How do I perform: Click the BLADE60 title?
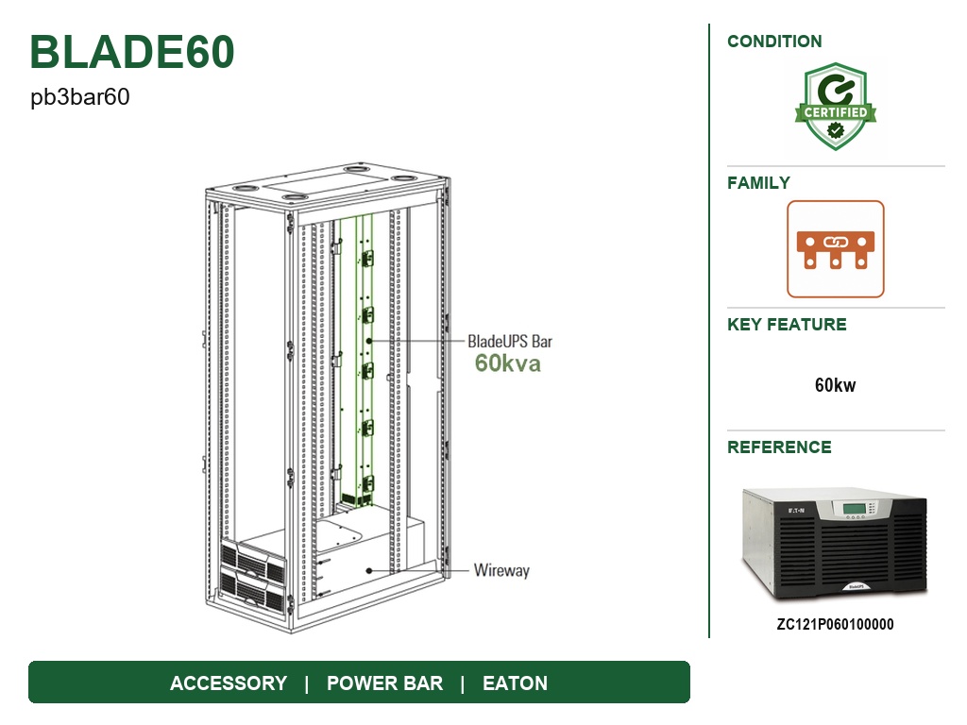pyautogui.click(x=132, y=52)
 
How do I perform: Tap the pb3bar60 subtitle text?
pyautogui.click(x=80, y=97)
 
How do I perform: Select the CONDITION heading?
pyautogui.click(x=774, y=42)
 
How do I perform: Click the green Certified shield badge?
pyautogui.click(x=836, y=106)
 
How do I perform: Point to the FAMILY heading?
pyautogui.click(x=758, y=183)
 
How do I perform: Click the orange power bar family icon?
pyautogui.click(x=836, y=249)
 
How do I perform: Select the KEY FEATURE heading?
pyautogui.click(x=787, y=325)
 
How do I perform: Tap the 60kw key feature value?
pyautogui.click(x=836, y=385)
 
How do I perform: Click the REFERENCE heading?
pyautogui.click(x=779, y=447)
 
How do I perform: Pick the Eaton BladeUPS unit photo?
pyautogui.click(x=835, y=544)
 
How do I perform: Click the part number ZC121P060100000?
pyautogui.click(x=835, y=625)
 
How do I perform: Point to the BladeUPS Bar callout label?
pyautogui.click(x=510, y=342)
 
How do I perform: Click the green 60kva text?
pyautogui.click(x=507, y=363)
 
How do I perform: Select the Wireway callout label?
pyautogui.click(x=501, y=570)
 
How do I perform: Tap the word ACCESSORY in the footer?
pyautogui.click(x=229, y=683)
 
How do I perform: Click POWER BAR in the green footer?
pyautogui.click(x=385, y=683)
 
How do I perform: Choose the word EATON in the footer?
pyautogui.click(x=515, y=683)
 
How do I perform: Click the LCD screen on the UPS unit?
pyautogui.click(x=854, y=509)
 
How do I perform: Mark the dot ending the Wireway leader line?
pyautogui.click(x=369, y=571)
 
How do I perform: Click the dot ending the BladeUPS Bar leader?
pyautogui.click(x=369, y=340)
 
